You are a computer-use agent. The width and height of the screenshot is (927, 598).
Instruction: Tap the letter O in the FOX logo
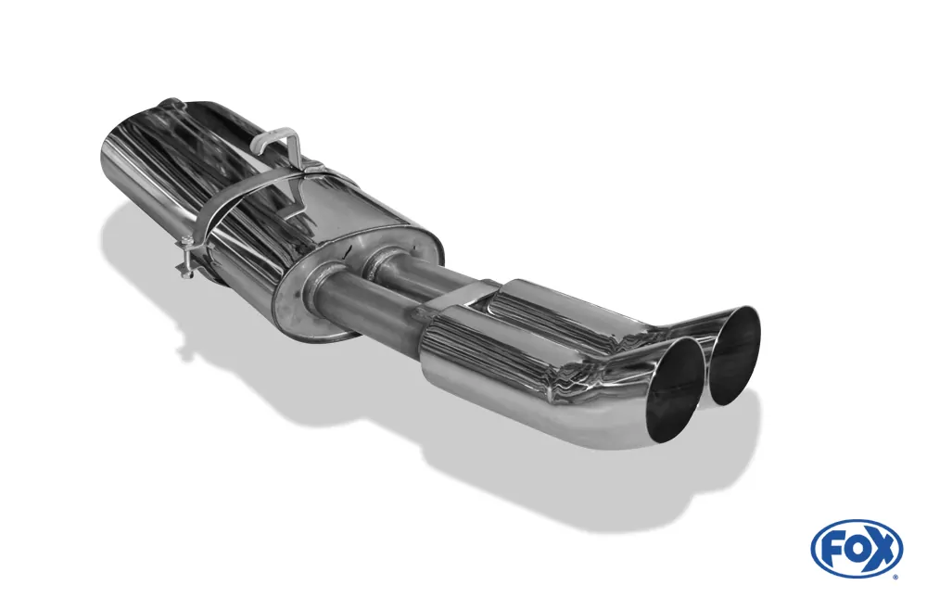click(856, 548)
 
